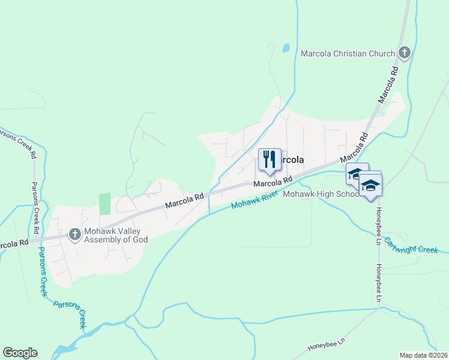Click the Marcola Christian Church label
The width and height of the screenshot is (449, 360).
348,53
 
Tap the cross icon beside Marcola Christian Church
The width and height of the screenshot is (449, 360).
404,53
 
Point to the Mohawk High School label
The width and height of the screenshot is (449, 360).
321,194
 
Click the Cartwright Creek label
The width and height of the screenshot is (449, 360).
412,245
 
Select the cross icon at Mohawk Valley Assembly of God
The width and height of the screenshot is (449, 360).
74,234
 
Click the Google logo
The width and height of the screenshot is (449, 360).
20,353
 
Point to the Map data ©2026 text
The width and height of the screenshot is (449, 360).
423,355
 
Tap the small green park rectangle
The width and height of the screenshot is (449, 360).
104,204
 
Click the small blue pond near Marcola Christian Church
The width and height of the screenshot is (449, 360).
286,47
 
